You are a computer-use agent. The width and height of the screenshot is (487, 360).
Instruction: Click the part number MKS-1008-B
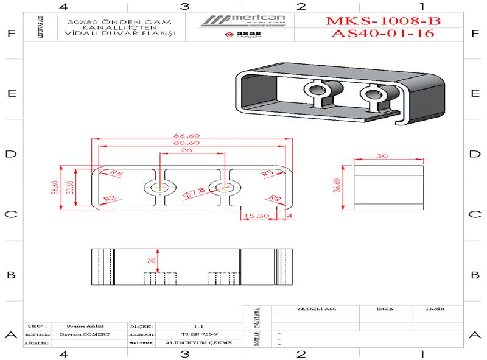tap(384, 21)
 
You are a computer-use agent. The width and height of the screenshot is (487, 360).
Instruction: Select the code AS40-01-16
tap(384, 34)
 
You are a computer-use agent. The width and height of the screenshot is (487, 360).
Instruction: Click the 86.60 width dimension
tap(186, 135)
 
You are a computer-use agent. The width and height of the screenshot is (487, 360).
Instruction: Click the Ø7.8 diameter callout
tap(194, 193)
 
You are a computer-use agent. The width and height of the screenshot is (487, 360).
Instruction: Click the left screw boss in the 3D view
tap(318, 91)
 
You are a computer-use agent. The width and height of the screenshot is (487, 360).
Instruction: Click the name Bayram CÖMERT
tap(82, 334)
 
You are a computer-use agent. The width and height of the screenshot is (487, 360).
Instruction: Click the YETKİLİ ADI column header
tap(316, 309)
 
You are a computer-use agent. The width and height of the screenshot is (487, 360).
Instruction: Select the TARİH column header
tap(435, 309)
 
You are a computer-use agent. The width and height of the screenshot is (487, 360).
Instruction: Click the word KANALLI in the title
tap(91, 27)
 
